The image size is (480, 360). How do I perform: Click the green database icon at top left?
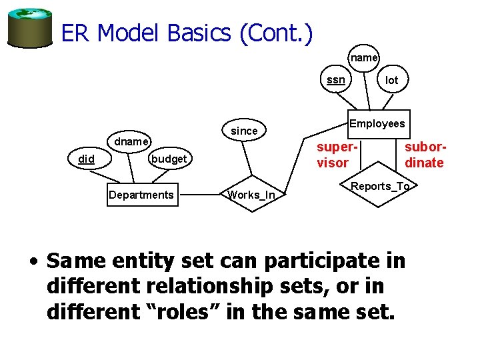pyautogui.click(x=30, y=28)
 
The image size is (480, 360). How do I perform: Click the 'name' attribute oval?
pyautogui.click(x=364, y=58)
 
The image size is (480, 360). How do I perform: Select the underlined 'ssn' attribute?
pyautogui.click(x=336, y=80)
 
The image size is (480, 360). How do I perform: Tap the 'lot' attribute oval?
pyautogui.click(x=392, y=80)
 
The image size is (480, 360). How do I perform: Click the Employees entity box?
pyautogui.click(x=377, y=123)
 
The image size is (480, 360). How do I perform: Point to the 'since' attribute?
pyautogui.click(x=244, y=131)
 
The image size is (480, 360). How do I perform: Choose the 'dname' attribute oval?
pyautogui.click(x=131, y=142)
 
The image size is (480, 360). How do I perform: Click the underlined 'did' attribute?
pyautogui.click(x=86, y=159)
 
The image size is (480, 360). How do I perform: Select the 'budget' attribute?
pyautogui.click(x=169, y=159)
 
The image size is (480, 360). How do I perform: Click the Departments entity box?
pyautogui.click(x=141, y=195)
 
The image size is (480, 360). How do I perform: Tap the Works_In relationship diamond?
pyautogui.click(x=251, y=195)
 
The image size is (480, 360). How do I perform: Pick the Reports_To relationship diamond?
pyautogui.click(x=380, y=186)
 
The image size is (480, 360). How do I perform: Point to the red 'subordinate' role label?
pyautogui.click(x=425, y=155)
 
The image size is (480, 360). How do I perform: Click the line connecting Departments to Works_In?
pyautogui.click(x=200, y=195)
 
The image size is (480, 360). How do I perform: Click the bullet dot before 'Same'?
pyautogui.click(x=33, y=261)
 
